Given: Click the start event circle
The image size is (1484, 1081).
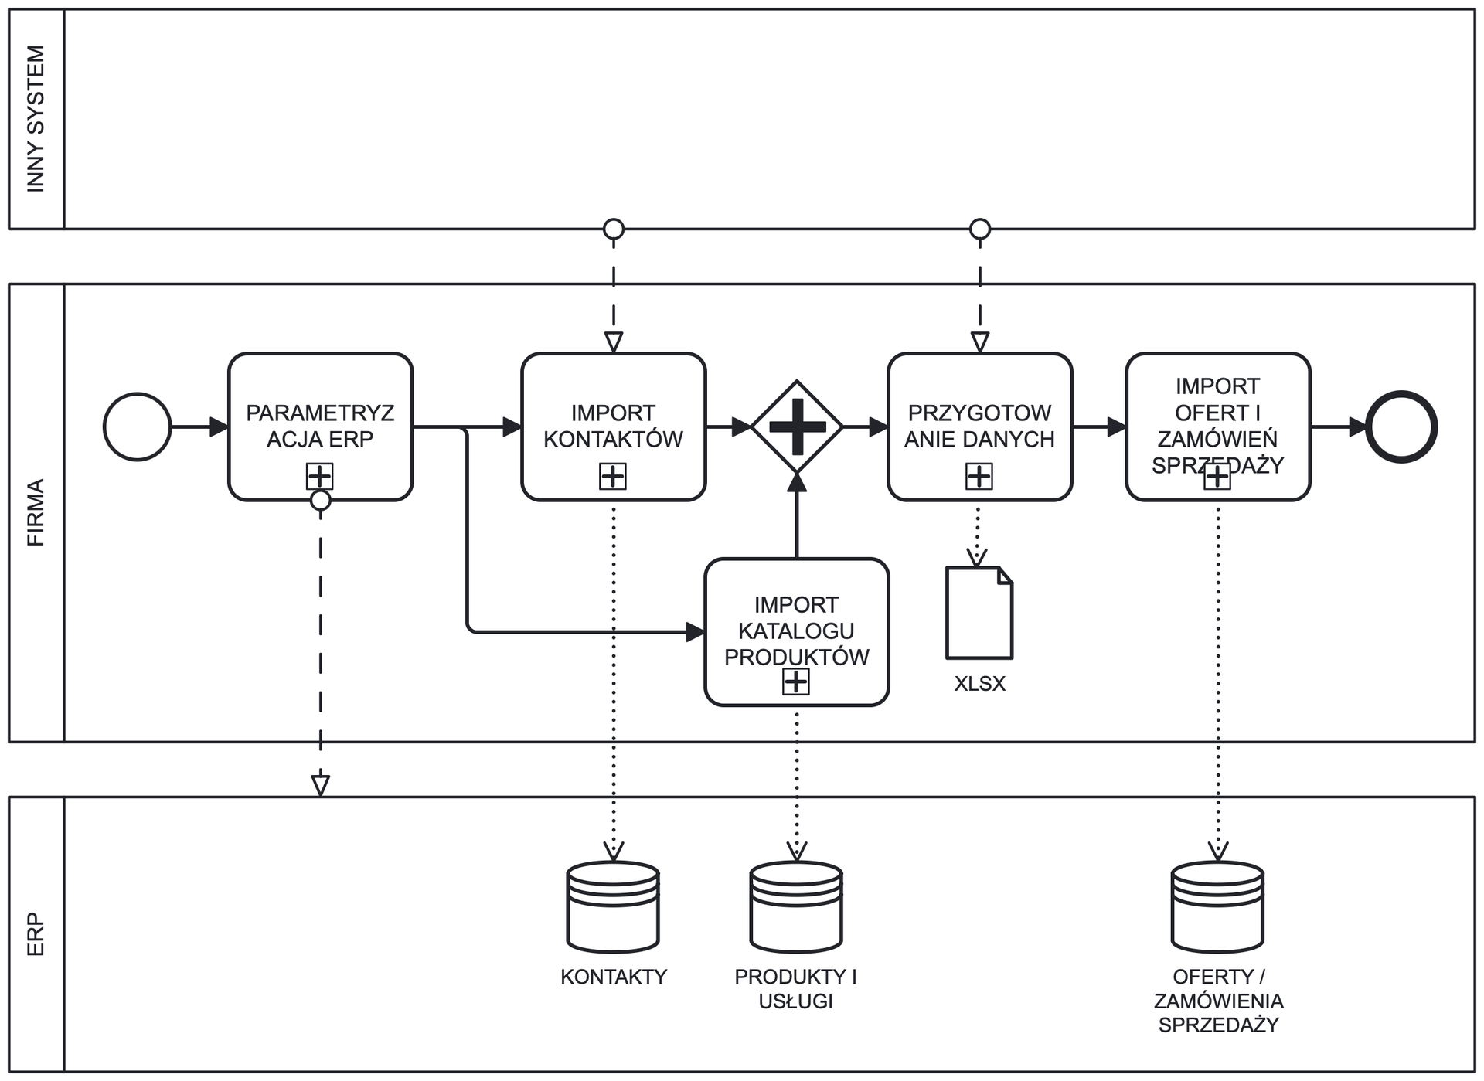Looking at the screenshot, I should tap(138, 427).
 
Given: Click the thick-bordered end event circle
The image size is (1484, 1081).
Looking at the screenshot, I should tap(1401, 427).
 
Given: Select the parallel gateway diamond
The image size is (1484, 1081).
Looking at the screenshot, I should tap(797, 427).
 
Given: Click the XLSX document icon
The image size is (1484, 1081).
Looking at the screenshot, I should tap(979, 614).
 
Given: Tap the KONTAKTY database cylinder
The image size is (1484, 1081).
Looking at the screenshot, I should tap(613, 907).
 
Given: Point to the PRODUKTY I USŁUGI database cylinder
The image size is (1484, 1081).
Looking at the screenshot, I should tap(796, 907).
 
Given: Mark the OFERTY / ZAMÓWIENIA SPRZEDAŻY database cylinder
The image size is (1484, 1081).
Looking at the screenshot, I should tap(1217, 907).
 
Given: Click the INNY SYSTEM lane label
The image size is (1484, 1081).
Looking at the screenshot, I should tap(36, 119).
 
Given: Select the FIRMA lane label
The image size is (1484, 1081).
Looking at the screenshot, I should tap(36, 512).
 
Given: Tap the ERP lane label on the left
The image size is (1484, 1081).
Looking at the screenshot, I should tap(36, 934).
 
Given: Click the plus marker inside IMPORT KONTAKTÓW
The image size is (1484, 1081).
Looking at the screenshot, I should tap(613, 476).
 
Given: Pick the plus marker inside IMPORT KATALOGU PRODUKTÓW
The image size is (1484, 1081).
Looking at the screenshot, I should tap(796, 682).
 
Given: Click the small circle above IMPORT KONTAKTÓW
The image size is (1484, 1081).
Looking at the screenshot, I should tap(614, 229).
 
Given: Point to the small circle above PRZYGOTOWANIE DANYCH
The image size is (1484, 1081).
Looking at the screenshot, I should tap(980, 229).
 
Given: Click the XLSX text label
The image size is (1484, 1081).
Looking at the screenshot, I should tap(979, 684).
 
